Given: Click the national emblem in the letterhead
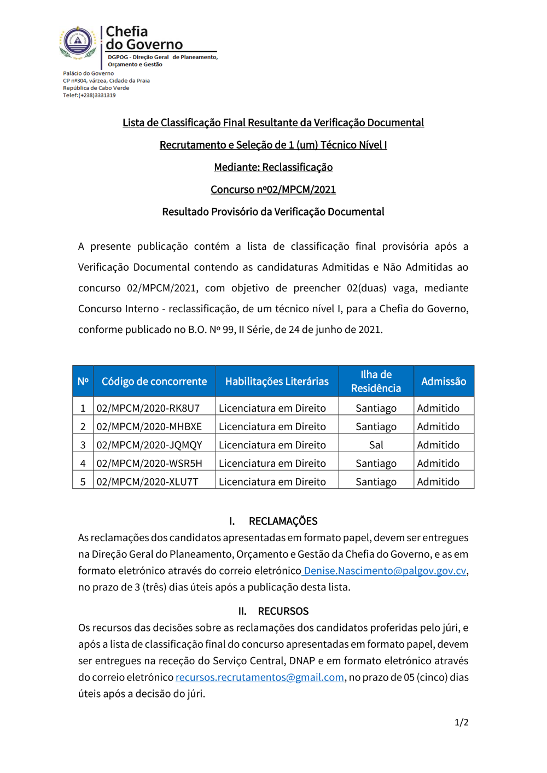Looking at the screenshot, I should pyautogui.click(x=78, y=42).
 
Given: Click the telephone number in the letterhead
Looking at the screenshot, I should pyautogui.click(x=89, y=95).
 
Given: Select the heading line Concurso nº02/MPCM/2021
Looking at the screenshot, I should pyautogui.click(x=273, y=190).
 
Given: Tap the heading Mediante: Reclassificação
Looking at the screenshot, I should pyautogui.click(x=273, y=167).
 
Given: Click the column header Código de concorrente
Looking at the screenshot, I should pyautogui.click(x=154, y=381).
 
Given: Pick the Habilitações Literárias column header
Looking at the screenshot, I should pyautogui.click(x=277, y=381).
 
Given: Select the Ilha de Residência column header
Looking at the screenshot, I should pyautogui.click(x=376, y=381).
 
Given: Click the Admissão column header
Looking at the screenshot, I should pyautogui.click(x=444, y=381).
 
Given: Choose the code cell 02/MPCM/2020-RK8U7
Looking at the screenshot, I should pyautogui.click(x=148, y=408).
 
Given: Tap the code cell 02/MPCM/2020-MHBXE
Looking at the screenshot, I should pyautogui.click(x=149, y=426).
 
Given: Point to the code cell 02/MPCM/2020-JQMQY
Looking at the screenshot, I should pyautogui.click(x=149, y=445).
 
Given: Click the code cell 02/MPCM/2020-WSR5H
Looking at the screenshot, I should pyautogui.click(x=149, y=464).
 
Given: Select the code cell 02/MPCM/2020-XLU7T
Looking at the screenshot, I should pyautogui.click(x=148, y=482).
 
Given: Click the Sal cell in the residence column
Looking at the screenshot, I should pyautogui.click(x=376, y=445).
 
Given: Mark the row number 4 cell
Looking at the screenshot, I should pyautogui.click(x=83, y=464).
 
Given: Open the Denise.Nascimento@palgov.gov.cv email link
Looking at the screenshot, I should pyautogui.click(x=385, y=571).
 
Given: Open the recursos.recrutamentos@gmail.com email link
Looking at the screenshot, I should pyautogui.click(x=260, y=677).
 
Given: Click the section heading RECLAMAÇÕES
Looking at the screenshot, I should pyautogui.click(x=283, y=521).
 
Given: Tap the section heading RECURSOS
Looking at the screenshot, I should pyautogui.click(x=283, y=611).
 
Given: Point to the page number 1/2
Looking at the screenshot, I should pyautogui.click(x=461, y=722).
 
